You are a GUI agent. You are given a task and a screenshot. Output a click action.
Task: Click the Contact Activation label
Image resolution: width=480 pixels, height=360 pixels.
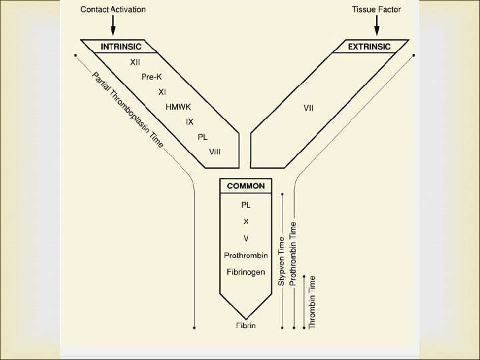tap(113, 9)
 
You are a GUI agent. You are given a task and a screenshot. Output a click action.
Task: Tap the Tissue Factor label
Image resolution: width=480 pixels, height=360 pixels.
tap(377, 9)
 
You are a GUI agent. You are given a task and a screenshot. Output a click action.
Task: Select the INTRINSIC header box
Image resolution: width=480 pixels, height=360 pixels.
tap(121, 47)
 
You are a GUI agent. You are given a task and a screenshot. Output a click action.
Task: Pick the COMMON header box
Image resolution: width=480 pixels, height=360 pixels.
tap(245, 186)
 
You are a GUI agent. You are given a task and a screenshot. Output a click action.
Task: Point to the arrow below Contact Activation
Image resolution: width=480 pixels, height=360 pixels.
tap(113, 27)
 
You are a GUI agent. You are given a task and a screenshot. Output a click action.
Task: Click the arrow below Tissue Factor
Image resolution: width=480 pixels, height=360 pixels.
tap(377, 27)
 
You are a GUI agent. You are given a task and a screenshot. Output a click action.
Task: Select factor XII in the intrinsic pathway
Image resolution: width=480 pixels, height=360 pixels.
tap(135, 62)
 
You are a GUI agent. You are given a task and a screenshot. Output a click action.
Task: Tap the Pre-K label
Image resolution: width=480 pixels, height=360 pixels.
tap(152, 77)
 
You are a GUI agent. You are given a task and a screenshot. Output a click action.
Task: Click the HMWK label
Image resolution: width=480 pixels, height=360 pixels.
tap(178, 107)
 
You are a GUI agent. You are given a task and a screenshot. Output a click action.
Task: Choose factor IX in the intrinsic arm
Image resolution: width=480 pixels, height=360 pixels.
tap(189, 122)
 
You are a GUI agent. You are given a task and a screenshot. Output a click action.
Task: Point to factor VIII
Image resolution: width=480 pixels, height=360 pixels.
tap(215, 152)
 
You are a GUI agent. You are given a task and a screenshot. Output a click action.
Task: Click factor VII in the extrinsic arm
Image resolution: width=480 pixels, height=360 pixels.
tap(309, 107)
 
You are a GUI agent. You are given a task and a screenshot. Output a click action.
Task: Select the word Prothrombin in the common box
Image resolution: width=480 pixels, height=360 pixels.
tap(246, 255)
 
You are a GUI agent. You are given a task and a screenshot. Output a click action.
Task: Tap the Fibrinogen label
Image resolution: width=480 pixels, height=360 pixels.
tap(246, 272)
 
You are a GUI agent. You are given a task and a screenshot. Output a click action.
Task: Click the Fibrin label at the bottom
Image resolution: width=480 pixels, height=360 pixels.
tap(246, 325)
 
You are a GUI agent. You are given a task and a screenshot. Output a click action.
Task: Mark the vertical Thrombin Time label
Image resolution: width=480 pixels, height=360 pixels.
tap(313, 301)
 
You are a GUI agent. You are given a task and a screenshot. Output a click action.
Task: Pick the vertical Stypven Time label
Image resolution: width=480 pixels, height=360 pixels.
tap(281, 261)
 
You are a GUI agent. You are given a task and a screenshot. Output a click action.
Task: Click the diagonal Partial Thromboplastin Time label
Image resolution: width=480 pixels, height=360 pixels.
tap(127, 110)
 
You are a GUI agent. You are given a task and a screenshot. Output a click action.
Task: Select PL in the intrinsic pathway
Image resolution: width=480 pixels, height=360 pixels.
tap(203, 137)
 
